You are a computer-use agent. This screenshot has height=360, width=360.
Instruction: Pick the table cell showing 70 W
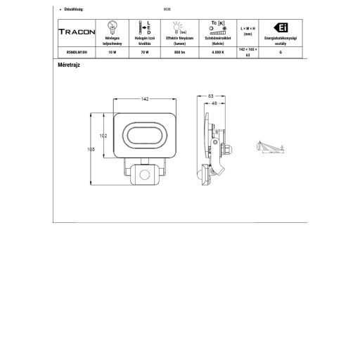(x=145, y=52)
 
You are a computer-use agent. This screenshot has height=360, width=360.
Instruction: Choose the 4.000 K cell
(x=214, y=52)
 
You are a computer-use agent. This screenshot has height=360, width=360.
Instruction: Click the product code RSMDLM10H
(x=76, y=52)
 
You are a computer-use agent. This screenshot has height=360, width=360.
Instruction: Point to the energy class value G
(x=280, y=52)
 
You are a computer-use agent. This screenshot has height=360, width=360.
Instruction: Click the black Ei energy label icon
(x=280, y=27)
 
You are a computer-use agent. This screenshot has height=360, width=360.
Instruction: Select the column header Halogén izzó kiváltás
(x=145, y=41)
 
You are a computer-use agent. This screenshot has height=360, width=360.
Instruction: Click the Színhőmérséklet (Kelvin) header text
(x=214, y=41)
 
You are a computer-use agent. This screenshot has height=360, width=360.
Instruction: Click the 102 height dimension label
(x=103, y=135)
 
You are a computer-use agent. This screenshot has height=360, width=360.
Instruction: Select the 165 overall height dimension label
(x=91, y=150)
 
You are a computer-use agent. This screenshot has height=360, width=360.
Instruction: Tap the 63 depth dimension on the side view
(x=210, y=95)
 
